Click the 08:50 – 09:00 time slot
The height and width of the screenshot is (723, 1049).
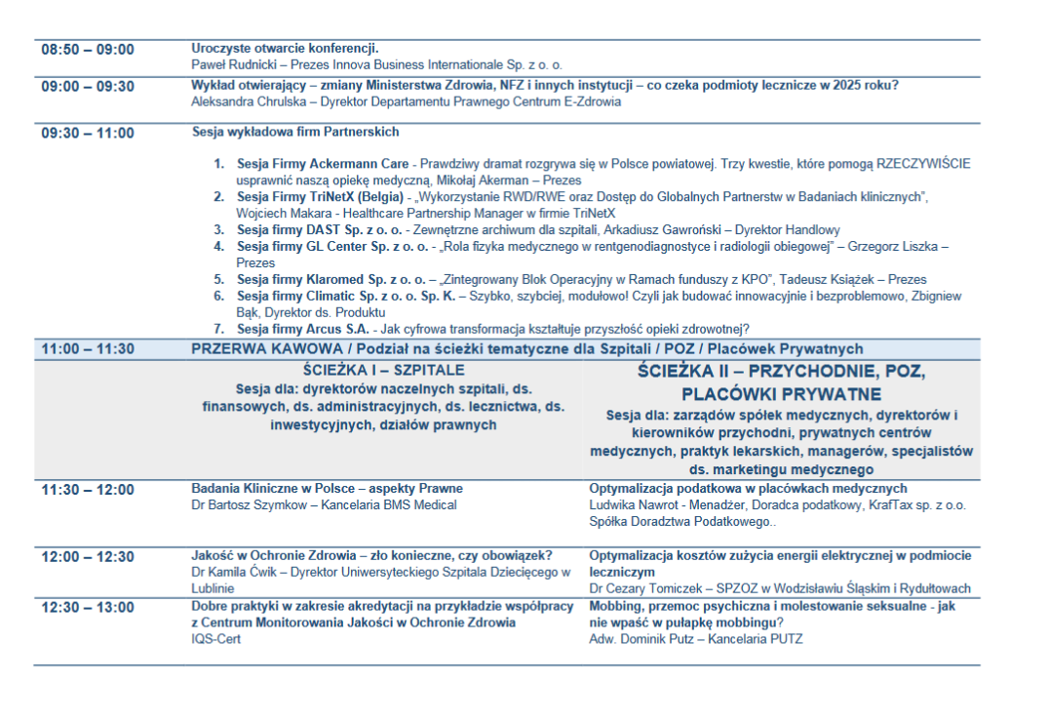pos(88,50)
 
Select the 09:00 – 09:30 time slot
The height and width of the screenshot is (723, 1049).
pos(88,86)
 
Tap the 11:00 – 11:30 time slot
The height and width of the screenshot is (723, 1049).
pos(88,349)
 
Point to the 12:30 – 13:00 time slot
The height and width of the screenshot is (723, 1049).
pos(88,608)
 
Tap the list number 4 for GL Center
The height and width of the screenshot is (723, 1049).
pos(219,246)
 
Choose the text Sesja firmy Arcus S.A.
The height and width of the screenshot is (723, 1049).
pos(302,328)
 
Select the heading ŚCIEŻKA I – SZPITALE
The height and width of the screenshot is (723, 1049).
pos(384,371)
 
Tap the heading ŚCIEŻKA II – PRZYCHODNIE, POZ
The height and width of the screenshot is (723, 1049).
pos(781,372)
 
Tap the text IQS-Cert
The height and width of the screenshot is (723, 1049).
pos(215,639)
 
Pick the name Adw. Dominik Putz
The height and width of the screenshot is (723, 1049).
pos(643,639)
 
